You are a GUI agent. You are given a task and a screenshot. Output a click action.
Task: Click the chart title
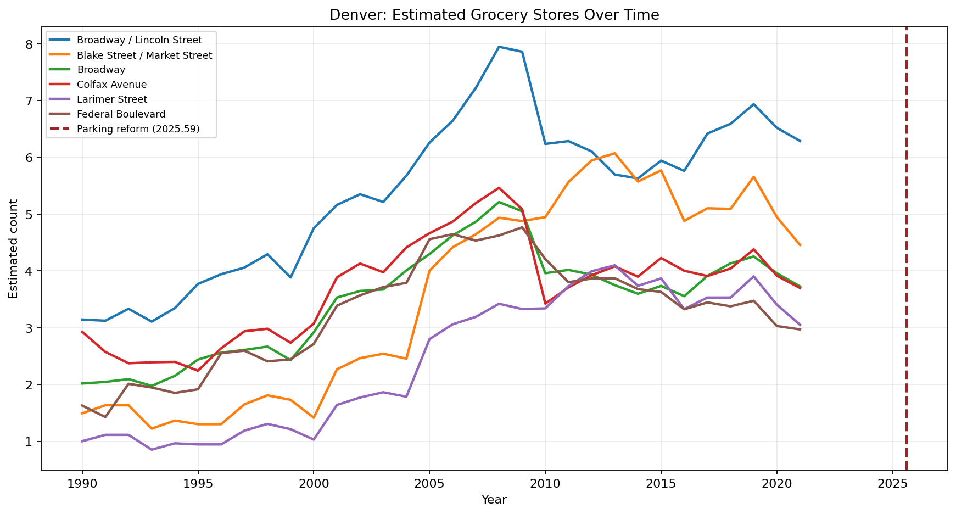tap(494, 15)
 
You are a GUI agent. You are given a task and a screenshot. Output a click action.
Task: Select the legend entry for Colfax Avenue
tap(111, 85)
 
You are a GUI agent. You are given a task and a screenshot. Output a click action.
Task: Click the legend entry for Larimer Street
tap(112, 99)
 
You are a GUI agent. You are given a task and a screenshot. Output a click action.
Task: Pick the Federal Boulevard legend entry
tap(121, 114)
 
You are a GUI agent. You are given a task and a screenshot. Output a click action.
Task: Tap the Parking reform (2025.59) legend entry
tap(138, 129)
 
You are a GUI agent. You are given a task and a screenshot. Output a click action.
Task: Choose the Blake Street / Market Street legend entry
tap(144, 55)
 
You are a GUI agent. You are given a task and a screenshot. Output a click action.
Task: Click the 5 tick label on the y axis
tap(31, 214)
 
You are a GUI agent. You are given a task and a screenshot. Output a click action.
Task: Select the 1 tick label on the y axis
tap(31, 442)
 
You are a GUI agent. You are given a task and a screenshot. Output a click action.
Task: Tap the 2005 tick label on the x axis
tap(429, 483)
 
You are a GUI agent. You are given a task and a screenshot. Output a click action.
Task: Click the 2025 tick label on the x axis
tap(892, 483)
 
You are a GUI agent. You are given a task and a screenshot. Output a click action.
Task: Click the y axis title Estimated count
tap(14, 249)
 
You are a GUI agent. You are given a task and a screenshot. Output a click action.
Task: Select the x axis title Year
tap(494, 500)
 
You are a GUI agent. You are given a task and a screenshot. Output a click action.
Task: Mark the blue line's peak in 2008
tap(499, 47)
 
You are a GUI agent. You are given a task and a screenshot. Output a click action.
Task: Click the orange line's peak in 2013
tap(614, 153)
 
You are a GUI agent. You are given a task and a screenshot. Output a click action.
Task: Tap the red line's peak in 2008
tap(499, 188)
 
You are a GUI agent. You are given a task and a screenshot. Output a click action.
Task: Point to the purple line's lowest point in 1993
tap(152, 450)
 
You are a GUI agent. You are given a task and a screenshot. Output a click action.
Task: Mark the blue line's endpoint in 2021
tap(800, 141)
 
